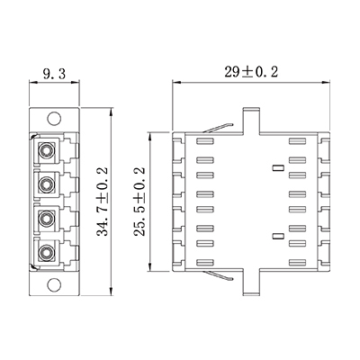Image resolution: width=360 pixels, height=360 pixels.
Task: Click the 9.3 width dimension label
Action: pyautogui.click(x=54, y=73)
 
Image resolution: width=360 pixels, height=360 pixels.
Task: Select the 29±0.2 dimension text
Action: pyautogui.click(x=251, y=72)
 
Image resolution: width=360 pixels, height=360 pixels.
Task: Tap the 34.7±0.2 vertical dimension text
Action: pyautogui.click(x=102, y=202)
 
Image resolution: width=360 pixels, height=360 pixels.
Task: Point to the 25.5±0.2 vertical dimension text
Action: pyautogui.click(x=139, y=202)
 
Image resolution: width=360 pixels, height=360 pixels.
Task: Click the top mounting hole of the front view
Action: pyautogui.click(x=54, y=118)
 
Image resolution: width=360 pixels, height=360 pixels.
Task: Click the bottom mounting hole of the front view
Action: pyautogui.click(x=54, y=284)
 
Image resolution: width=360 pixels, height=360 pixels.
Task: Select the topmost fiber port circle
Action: pyautogui.click(x=46, y=148)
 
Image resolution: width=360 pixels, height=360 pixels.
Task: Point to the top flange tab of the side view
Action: pyautogui.click(x=251, y=120)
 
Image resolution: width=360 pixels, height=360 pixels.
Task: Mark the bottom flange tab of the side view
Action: pyautogui.click(x=251, y=283)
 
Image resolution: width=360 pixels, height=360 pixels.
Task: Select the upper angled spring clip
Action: pyautogui.click(x=218, y=128)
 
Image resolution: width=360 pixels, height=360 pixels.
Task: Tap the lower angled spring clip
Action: pyautogui.click(x=218, y=275)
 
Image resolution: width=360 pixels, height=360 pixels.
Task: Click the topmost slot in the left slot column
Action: pyautogui.click(x=205, y=141)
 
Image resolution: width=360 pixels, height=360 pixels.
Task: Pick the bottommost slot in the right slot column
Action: pyautogui.click(x=297, y=262)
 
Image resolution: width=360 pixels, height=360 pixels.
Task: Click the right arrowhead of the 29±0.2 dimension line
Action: pyautogui.click(x=326, y=82)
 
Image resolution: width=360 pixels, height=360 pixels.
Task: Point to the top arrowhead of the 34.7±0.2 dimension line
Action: pyautogui.click(x=112, y=112)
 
